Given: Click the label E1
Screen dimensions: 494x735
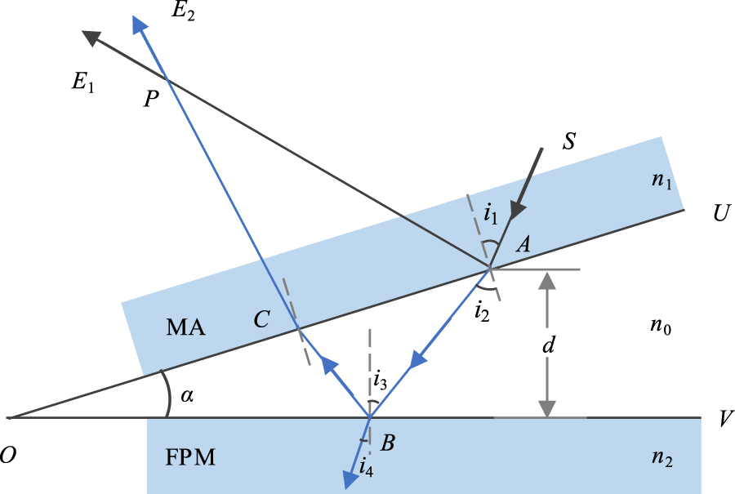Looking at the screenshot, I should coord(82,83).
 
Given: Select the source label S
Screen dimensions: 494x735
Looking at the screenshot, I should coord(570,140).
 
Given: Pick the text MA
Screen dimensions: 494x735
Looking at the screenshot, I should coord(185,328).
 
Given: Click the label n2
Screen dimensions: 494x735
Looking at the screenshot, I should coord(663,458).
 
